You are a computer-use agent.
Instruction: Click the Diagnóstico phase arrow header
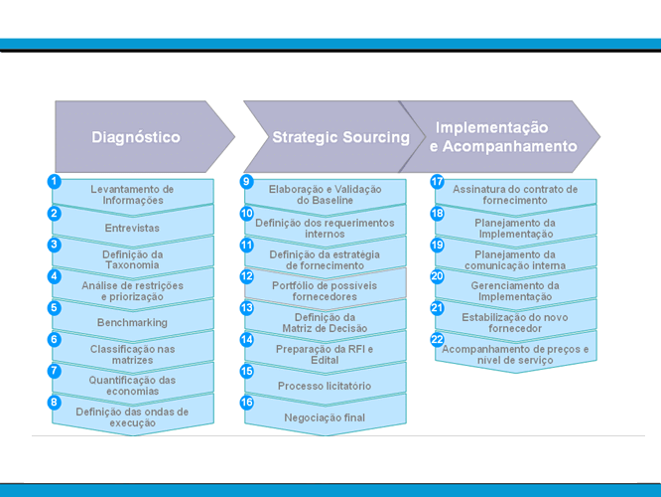[136, 137]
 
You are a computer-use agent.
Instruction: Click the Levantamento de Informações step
[132, 194]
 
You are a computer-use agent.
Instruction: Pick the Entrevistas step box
[132, 228]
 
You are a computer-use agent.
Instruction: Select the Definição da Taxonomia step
[132, 258]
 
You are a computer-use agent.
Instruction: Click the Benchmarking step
[132, 322]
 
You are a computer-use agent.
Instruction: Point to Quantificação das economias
[132, 385]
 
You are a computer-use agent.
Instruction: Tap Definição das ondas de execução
[132, 416]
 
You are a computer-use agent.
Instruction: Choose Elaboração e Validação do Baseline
[325, 194]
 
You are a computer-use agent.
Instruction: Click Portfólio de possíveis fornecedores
[325, 290]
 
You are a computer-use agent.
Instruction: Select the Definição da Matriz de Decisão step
[325, 322]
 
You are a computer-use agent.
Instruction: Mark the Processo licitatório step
[325, 385]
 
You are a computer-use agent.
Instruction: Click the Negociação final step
[325, 417]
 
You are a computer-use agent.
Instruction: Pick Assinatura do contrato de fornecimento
[514, 194]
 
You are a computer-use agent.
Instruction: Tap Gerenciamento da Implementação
[514, 290]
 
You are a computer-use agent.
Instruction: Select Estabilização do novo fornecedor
[514, 322]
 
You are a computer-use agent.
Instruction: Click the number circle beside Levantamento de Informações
[55, 182]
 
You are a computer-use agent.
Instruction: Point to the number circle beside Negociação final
[247, 402]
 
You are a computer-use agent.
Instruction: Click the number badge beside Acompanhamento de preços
[438, 340]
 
